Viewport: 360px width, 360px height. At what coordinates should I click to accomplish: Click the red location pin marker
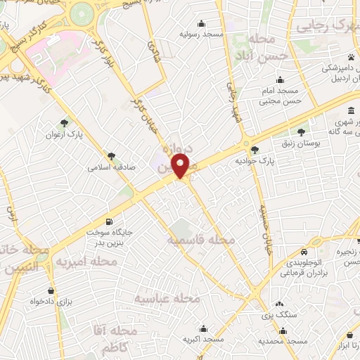[x=181, y=166]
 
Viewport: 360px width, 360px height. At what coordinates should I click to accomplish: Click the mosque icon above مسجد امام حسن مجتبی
[x=281, y=79]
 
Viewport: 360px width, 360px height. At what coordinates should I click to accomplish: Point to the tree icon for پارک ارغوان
[x=65, y=123]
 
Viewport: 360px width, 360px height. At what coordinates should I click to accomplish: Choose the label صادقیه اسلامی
[x=110, y=168]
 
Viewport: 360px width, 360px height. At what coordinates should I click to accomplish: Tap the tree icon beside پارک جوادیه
[x=255, y=149]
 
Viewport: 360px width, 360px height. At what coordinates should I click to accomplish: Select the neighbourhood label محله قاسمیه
[x=200, y=240]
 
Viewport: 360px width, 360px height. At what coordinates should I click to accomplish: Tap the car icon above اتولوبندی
[x=303, y=252]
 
